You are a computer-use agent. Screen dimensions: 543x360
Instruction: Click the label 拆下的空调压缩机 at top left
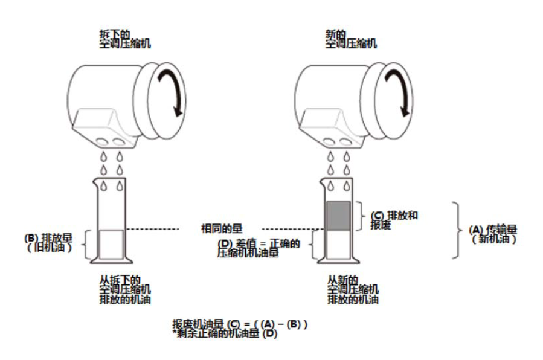pyautogui.click(x=125, y=39)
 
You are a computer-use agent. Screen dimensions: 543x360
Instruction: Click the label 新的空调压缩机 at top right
pyautogui.click(x=351, y=39)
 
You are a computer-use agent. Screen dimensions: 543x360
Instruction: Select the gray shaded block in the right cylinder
pyautogui.click(x=338, y=216)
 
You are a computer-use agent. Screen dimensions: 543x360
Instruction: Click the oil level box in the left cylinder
pyautogui.click(x=111, y=245)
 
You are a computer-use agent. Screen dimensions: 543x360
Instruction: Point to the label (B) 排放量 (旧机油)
pyautogui.click(x=48, y=242)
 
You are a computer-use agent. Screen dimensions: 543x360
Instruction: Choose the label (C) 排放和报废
pyautogui.click(x=394, y=220)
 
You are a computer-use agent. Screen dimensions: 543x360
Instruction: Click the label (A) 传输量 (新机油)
pyautogui.click(x=493, y=234)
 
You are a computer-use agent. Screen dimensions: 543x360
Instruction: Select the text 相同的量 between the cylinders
pyautogui.click(x=222, y=228)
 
